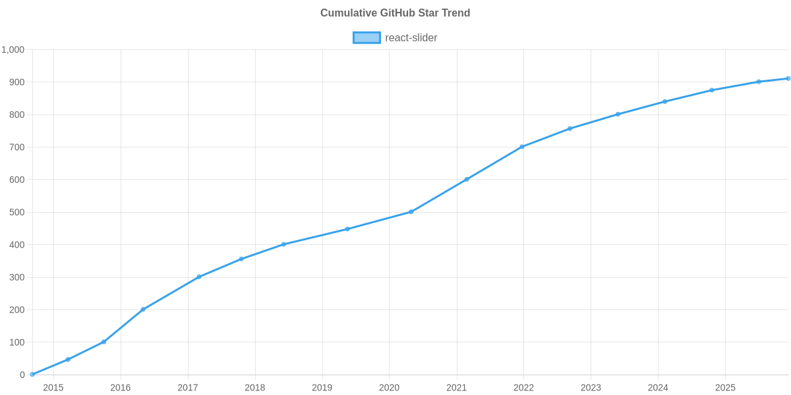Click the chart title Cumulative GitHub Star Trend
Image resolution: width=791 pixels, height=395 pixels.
point(395,13)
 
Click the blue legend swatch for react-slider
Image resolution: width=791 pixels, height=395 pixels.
point(366,38)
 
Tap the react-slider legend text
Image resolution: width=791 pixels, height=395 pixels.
point(411,38)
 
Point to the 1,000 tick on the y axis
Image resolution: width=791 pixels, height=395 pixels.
point(13,50)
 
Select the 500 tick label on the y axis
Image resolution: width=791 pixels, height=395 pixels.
point(18,213)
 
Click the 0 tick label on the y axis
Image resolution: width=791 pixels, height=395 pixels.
point(22,375)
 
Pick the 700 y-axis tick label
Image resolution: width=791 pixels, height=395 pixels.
point(18,147)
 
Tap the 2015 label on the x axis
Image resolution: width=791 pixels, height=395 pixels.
point(53,388)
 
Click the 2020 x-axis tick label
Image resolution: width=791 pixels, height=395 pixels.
point(390,388)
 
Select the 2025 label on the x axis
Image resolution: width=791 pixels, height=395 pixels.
point(725,388)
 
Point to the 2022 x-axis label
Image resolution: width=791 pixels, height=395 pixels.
point(524,388)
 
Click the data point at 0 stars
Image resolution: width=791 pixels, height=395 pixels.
point(32,375)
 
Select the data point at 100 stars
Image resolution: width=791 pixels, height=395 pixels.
point(103,342)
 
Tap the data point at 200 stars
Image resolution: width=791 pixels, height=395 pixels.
point(143,309)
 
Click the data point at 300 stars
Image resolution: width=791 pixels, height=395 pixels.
point(198,277)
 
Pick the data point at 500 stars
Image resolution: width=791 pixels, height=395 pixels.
point(411,212)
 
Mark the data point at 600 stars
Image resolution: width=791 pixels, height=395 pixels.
point(467,179)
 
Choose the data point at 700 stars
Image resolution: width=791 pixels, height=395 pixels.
point(522,147)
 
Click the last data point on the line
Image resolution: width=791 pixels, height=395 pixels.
point(788,78)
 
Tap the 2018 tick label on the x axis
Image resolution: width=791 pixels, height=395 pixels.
point(255,388)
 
